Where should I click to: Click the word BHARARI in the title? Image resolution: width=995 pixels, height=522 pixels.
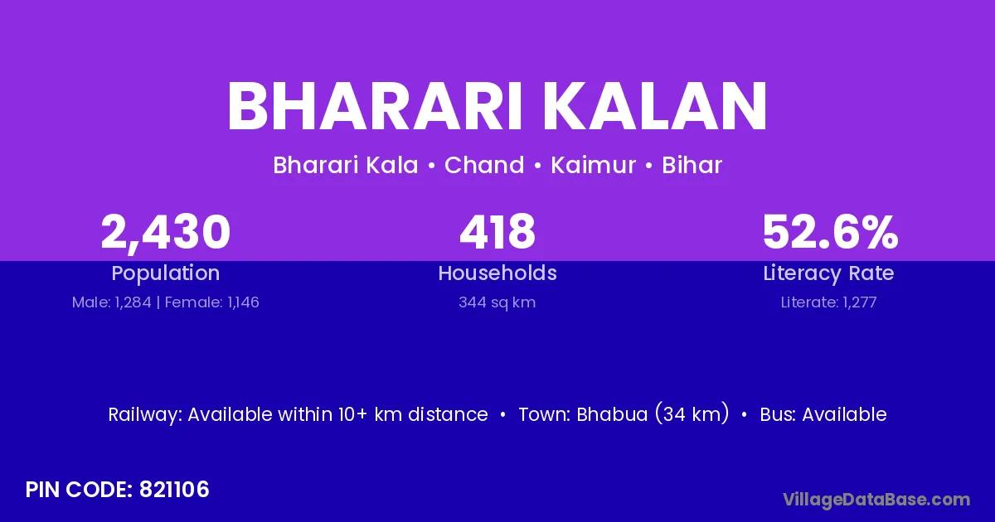pyautogui.click(x=375, y=107)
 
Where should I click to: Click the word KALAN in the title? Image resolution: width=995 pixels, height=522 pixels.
pyautogui.click(x=656, y=107)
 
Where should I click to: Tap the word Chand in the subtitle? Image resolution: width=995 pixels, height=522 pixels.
pyautogui.click(x=484, y=165)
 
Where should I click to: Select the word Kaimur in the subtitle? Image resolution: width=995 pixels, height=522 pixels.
pyautogui.click(x=593, y=165)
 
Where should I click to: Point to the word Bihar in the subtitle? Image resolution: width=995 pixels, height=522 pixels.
pyautogui.click(x=692, y=165)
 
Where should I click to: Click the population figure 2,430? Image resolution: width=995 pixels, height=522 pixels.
pyautogui.click(x=166, y=233)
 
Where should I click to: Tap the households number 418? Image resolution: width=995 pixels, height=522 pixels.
pyautogui.click(x=498, y=232)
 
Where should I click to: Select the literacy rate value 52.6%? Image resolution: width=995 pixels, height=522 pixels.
pyautogui.click(x=830, y=232)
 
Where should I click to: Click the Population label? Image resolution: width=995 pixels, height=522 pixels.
pyautogui.click(x=166, y=273)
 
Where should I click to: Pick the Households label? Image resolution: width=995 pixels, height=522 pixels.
pyautogui.click(x=498, y=273)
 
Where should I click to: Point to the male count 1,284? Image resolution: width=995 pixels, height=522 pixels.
pyautogui.click(x=133, y=302)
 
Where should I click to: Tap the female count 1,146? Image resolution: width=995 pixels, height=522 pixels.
pyautogui.click(x=243, y=302)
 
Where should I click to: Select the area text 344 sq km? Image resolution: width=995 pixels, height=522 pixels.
pyautogui.click(x=497, y=302)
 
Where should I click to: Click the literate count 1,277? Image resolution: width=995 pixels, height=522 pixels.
pyautogui.click(x=860, y=302)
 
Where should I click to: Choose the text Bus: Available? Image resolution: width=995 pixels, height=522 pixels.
pyautogui.click(x=823, y=414)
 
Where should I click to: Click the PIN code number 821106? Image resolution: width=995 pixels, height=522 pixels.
pyautogui.click(x=174, y=490)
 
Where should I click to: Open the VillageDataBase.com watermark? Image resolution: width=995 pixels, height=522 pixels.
pyautogui.click(x=876, y=500)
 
